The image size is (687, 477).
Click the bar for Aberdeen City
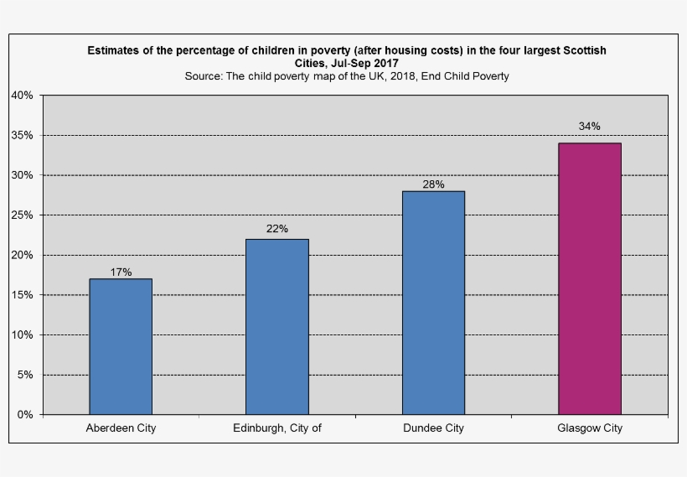point(121,346)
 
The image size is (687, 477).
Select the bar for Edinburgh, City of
point(276,326)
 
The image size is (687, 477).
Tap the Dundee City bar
point(433,303)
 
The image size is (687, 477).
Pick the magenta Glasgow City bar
point(589,278)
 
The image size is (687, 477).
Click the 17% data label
point(121,272)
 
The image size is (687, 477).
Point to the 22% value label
point(277,228)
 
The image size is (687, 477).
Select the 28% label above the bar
point(433,184)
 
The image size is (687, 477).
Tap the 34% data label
point(589,127)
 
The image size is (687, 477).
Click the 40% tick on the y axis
point(22,96)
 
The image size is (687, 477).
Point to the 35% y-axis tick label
point(22,135)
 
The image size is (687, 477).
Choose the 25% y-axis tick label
point(22,215)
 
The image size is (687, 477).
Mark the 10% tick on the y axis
point(22,334)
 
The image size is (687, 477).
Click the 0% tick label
point(25,414)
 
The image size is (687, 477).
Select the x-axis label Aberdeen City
point(121,428)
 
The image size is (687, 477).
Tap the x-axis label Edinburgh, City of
point(276,428)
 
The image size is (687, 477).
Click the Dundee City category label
point(433,428)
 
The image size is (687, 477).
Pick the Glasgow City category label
point(589,428)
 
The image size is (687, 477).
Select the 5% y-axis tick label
point(25,375)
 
